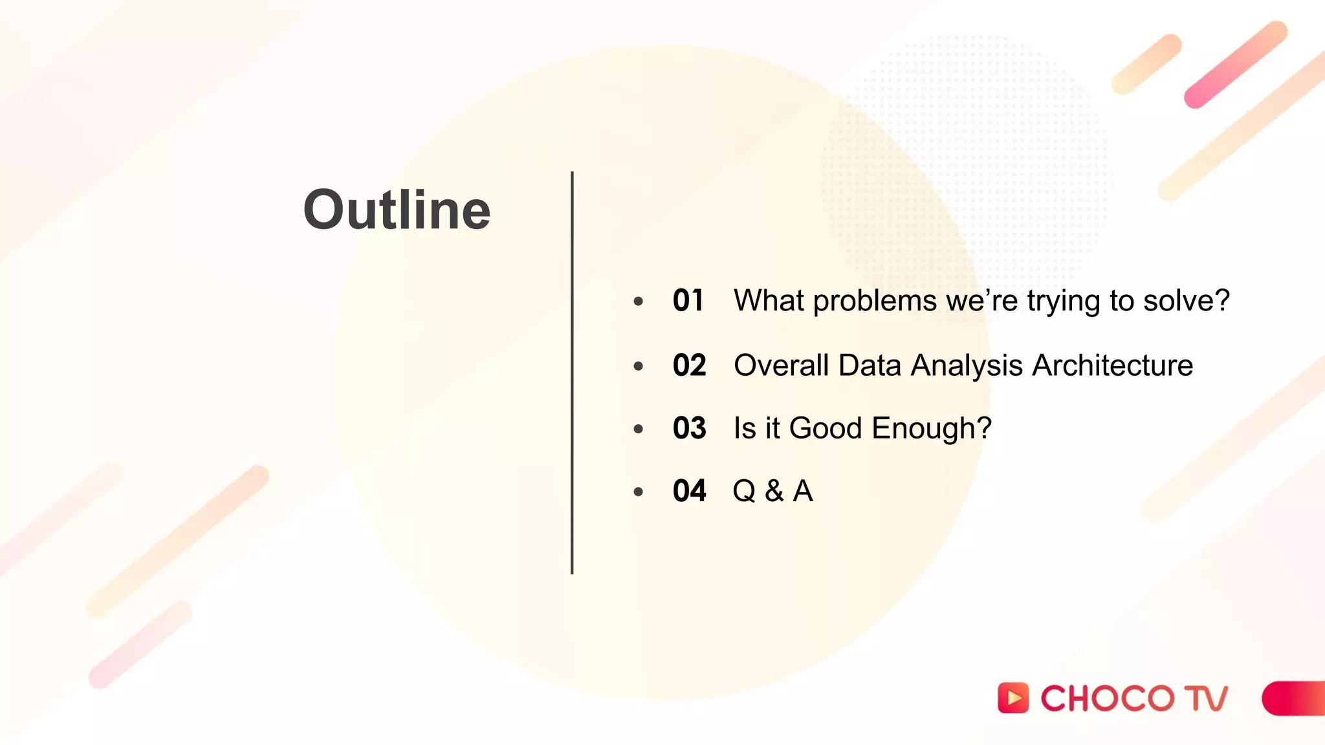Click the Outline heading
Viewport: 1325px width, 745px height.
(397, 210)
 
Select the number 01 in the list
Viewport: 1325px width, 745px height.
(688, 301)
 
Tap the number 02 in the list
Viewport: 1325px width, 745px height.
(689, 365)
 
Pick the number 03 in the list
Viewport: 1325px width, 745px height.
(689, 428)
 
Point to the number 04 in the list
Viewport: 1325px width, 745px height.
(689, 491)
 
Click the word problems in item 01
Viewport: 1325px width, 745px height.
(874, 301)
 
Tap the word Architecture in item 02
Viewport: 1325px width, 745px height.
(1112, 365)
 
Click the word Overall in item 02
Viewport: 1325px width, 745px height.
(781, 365)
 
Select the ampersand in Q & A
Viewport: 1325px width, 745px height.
(774, 491)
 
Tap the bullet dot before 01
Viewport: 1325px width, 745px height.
(639, 301)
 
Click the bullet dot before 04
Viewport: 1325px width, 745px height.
(639, 492)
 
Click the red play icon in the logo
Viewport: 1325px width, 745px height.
(1013, 698)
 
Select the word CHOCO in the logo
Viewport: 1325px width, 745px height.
(1107, 698)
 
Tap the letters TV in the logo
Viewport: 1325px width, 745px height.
(1206, 698)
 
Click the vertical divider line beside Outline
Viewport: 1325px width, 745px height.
(572, 372)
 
